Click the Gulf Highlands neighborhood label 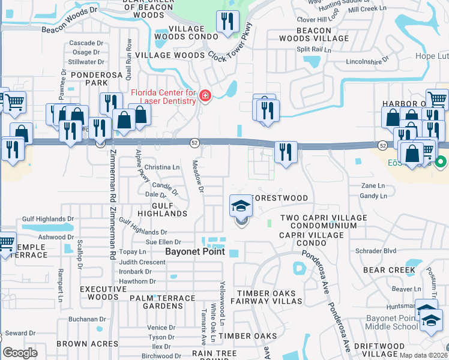pos(170,209)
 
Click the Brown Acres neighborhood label pos(88,344)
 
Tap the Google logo pos(20,353)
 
